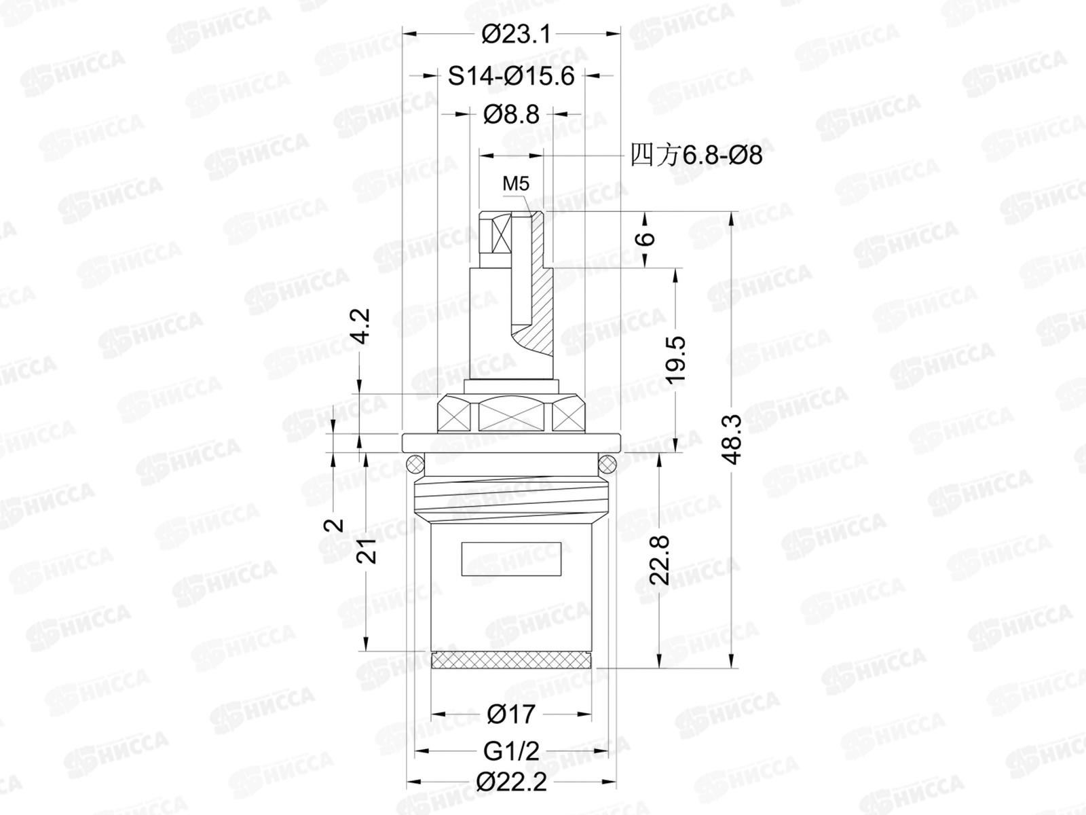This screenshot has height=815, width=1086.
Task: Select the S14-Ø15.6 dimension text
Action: coord(510,76)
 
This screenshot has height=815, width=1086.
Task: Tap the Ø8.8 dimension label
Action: coord(511,115)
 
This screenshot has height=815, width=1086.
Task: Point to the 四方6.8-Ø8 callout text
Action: coord(696,156)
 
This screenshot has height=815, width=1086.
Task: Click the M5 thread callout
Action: coord(516,183)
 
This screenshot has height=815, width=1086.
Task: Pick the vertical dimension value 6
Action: coord(646,239)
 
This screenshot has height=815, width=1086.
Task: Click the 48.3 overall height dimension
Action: coord(732,439)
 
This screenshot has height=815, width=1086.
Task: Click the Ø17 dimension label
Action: coord(511,714)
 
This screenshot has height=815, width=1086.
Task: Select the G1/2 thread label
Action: coord(511,751)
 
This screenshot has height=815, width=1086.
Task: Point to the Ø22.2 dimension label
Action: coord(511,782)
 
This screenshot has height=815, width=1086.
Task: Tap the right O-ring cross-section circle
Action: coord(607,465)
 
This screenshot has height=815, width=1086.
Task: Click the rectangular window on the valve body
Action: coord(512,559)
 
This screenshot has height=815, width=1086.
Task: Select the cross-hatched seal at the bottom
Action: coord(512,659)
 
